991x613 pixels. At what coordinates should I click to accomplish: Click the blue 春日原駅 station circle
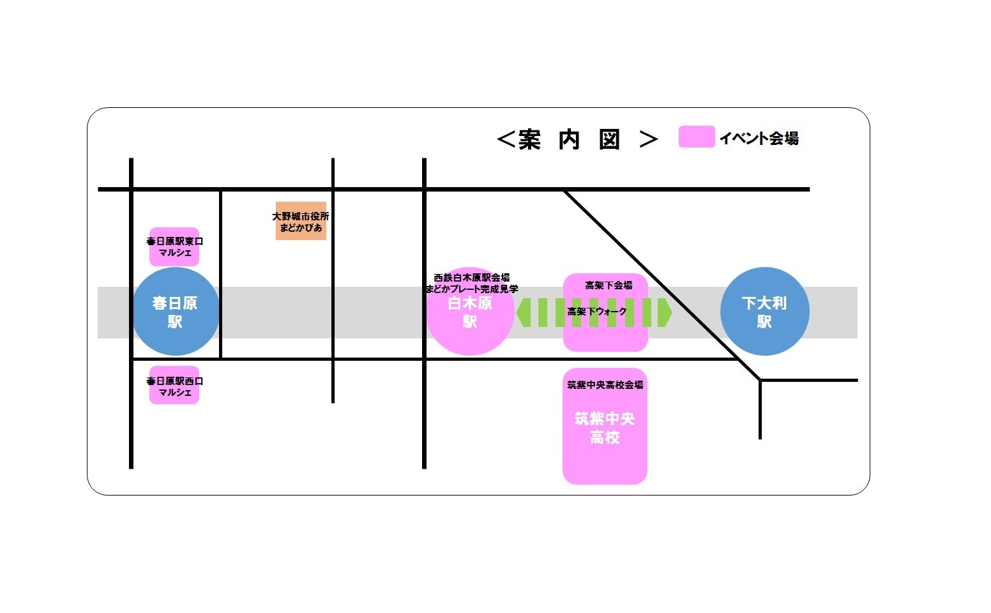[x=176, y=312]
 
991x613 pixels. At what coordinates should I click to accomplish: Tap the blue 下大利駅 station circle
[x=764, y=312]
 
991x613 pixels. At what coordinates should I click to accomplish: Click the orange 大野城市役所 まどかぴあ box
[x=301, y=222]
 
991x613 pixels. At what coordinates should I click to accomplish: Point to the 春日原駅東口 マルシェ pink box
[x=174, y=247]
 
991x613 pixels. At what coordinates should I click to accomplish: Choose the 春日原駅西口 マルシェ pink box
[x=174, y=386]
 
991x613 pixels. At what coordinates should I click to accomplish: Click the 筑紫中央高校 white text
[x=605, y=428]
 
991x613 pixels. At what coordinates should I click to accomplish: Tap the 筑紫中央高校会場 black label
[x=605, y=384]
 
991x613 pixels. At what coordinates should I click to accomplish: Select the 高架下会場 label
[x=609, y=285]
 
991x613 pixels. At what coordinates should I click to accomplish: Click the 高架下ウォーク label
[x=597, y=312]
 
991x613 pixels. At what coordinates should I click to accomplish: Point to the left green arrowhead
[x=523, y=312]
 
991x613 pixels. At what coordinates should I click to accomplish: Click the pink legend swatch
[x=696, y=137]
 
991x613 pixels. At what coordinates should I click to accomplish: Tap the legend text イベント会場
[x=759, y=138]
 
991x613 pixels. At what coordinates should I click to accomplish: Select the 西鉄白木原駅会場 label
[x=471, y=278]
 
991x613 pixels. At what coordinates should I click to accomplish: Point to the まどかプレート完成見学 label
[x=471, y=289]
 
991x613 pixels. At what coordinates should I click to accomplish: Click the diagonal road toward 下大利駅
[x=651, y=275]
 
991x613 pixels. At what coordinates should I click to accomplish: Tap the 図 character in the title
[x=609, y=139]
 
